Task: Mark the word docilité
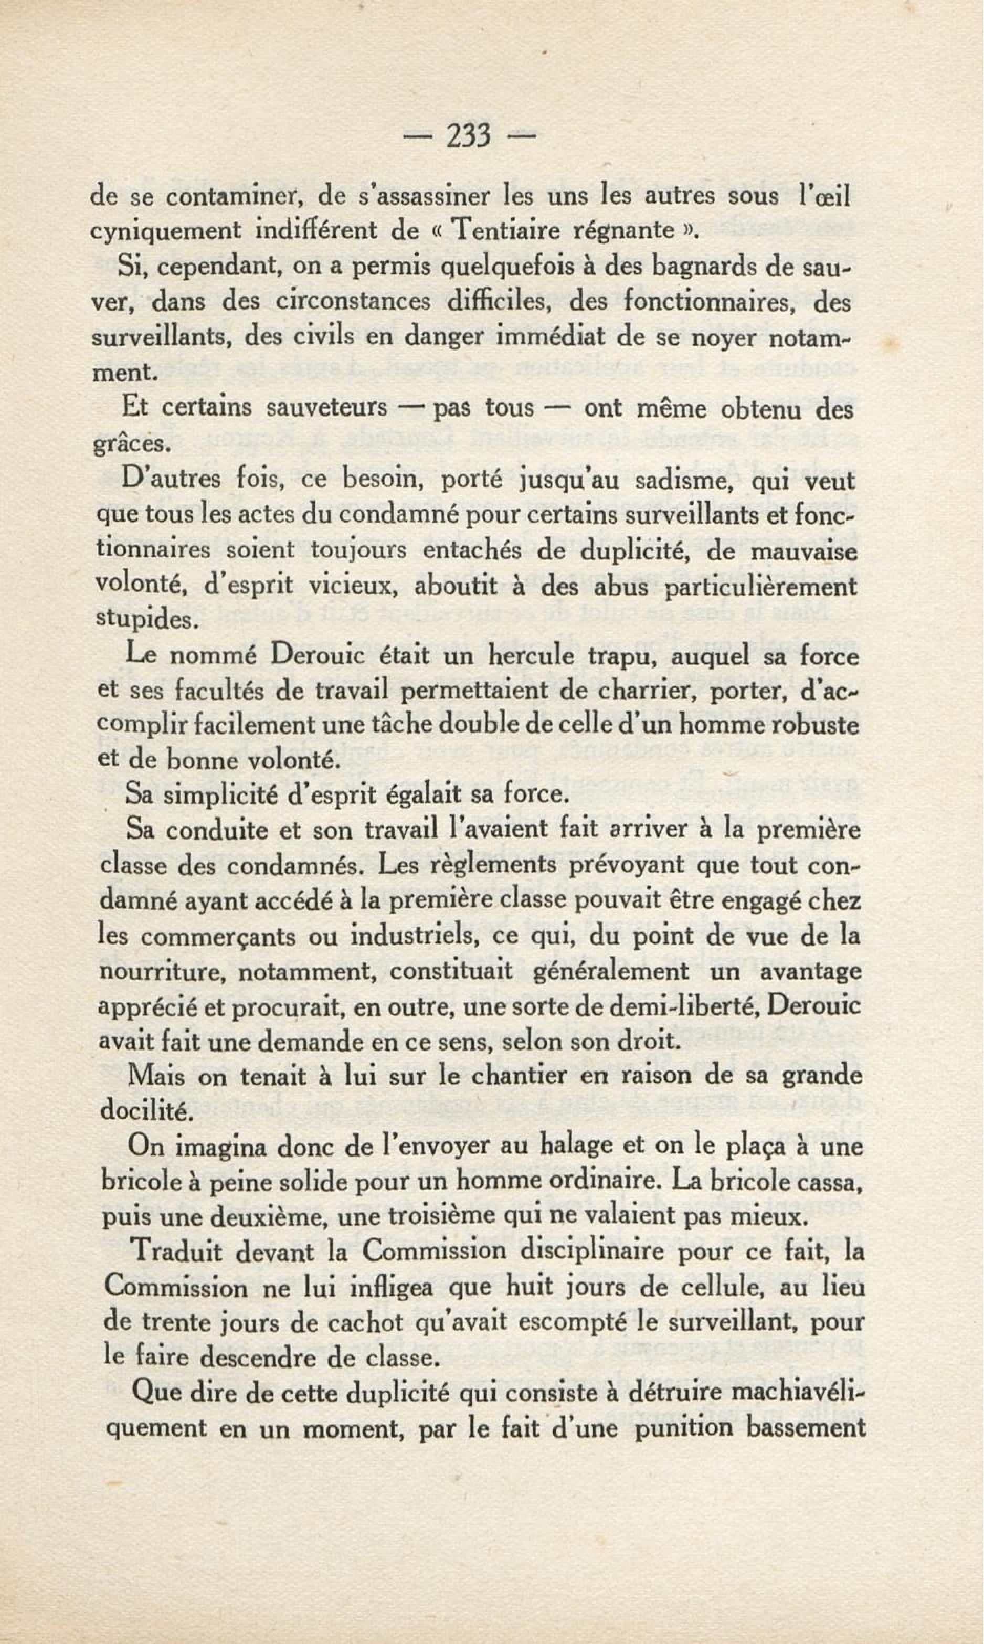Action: (x=145, y=1112)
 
